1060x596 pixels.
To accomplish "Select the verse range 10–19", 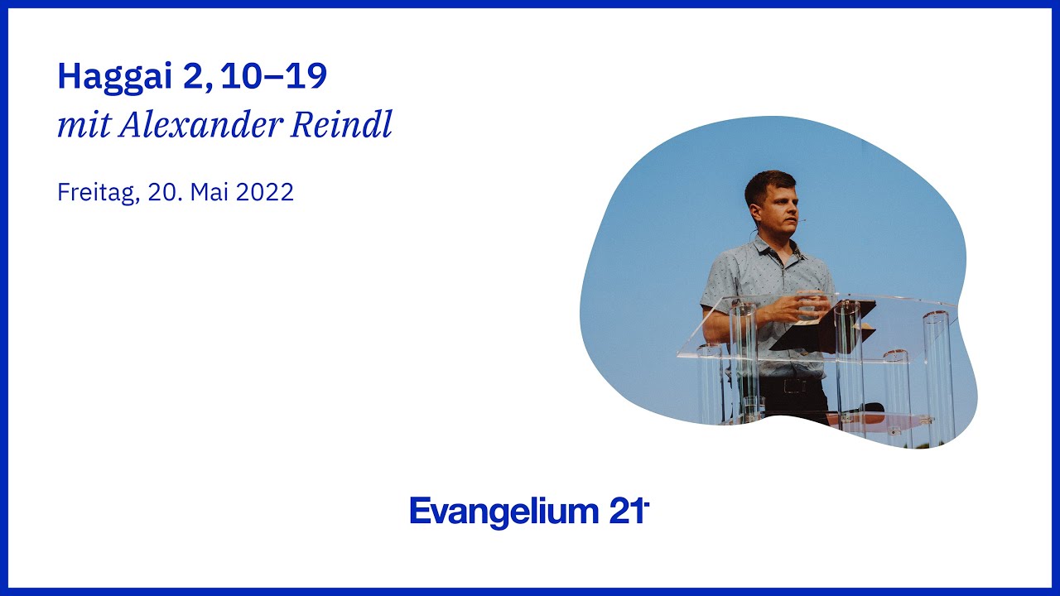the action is click(x=273, y=75).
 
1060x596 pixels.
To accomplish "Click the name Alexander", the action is click(x=200, y=125).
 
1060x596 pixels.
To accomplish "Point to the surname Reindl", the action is click(x=341, y=124).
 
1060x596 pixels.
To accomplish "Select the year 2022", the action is click(x=264, y=192).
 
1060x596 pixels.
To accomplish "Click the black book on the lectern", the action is click(x=823, y=327).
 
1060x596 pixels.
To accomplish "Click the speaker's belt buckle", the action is click(x=794, y=386).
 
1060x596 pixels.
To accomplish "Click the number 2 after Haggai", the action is click(x=192, y=75).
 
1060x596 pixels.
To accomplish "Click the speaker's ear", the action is click(x=754, y=212).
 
